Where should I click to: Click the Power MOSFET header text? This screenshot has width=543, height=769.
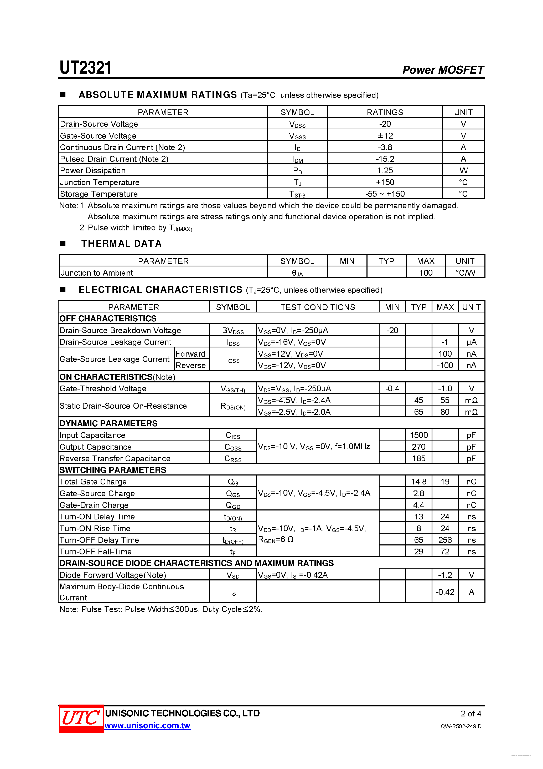click(x=443, y=70)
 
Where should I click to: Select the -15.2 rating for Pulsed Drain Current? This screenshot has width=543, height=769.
click(x=385, y=159)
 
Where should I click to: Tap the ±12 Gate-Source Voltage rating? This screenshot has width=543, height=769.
click(x=385, y=136)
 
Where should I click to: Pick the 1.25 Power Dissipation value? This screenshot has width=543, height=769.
click(x=385, y=170)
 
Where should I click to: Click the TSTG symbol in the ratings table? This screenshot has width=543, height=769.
click(x=297, y=194)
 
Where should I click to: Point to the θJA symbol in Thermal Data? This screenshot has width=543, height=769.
click(x=297, y=273)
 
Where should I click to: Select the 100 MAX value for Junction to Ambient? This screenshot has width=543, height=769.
click(x=426, y=273)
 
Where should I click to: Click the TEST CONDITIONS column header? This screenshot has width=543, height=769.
click(x=318, y=307)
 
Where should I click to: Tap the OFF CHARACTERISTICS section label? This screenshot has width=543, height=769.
click(x=108, y=318)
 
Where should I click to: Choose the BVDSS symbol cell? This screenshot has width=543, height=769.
click(x=233, y=331)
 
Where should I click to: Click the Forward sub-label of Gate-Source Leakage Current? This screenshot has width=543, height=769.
click(x=190, y=354)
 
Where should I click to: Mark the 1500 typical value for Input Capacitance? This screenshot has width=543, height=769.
click(x=418, y=435)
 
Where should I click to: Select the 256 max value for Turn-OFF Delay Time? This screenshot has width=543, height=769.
click(x=445, y=540)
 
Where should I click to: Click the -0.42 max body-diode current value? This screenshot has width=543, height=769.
click(x=445, y=592)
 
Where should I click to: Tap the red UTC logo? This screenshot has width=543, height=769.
click(x=81, y=719)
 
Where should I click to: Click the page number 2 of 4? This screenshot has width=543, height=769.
click(x=471, y=714)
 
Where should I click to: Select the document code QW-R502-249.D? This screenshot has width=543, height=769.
click(x=461, y=726)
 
